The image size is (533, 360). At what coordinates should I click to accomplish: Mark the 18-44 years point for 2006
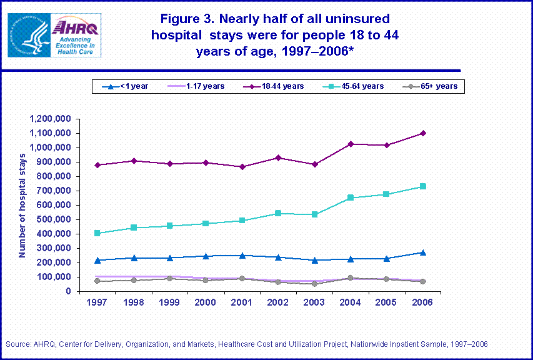tap(423, 133)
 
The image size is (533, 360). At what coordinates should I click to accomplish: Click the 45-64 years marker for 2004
tap(351, 197)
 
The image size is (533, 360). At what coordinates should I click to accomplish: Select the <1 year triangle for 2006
tap(423, 252)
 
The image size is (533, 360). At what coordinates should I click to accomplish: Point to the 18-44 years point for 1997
tap(97, 165)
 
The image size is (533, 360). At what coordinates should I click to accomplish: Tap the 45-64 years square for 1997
tap(97, 233)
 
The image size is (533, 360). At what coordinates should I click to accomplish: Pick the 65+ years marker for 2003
tap(314, 284)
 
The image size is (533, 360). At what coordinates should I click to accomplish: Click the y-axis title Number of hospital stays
tap(22, 204)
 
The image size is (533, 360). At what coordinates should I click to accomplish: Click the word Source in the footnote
tap(17, 344)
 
